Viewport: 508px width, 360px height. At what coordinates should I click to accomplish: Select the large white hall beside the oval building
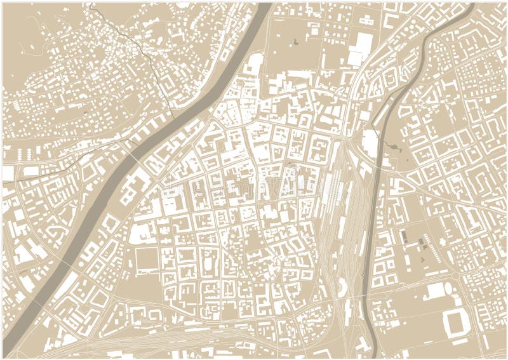[436, 291]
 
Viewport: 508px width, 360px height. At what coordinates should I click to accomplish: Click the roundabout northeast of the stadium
[455, 275]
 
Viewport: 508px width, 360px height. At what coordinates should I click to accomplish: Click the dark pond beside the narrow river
[397, 147]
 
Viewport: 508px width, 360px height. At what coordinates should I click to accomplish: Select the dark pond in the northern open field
[297, 43]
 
